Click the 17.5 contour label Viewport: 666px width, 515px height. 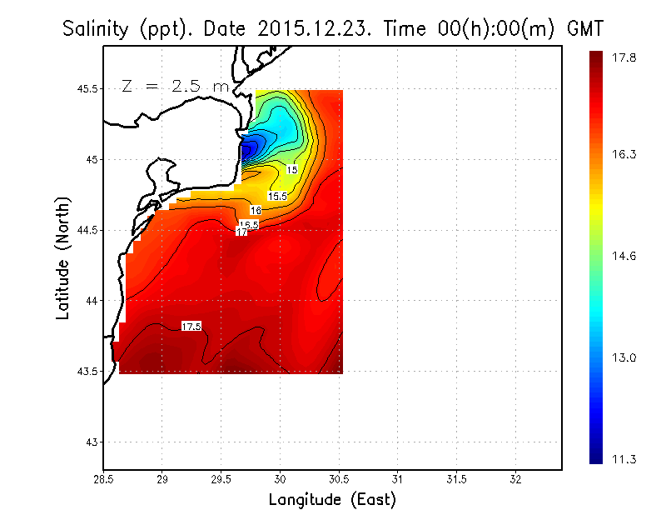[x=191, y=327]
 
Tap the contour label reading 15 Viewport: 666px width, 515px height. [x=292, y=170]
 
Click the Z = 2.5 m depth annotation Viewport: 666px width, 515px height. [x=174, y=86]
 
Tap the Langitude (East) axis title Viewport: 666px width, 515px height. [x=331, y=500]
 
